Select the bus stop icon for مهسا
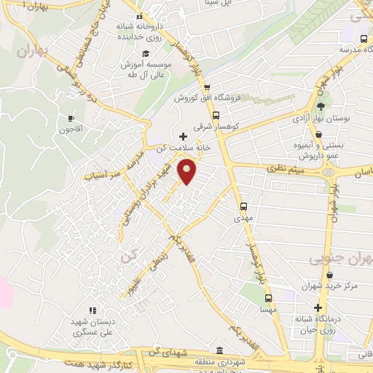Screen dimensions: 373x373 (x=269, y=298)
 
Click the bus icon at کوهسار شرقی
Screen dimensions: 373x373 (x=215, y=115)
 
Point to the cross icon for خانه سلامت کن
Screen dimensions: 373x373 (x=183, y=136)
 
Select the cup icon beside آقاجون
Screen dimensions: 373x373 (x=71, y=118)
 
